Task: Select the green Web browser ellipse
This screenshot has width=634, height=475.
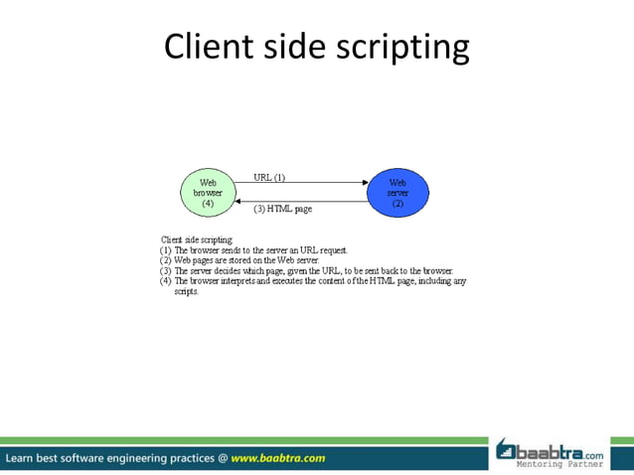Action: (x=209, y=193)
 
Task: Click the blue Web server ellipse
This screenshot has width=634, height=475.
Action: (x=397, y=193)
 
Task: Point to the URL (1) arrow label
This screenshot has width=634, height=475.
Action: (x=269, y=178)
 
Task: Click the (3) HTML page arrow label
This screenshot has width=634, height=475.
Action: (x=282, y=209)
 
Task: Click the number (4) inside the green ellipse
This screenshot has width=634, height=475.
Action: (x=209, y=203)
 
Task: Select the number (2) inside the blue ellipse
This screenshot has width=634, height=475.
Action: (x=397, y=204)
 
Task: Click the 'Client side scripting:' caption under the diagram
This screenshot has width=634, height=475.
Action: (x=197, y=239)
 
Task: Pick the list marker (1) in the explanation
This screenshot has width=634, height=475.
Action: (x=166, y=250)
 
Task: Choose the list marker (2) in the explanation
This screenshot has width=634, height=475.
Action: (x=166, y=260)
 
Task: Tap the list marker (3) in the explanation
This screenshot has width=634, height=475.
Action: (x=166, y=270)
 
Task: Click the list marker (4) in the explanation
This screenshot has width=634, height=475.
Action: (x=166, y=281)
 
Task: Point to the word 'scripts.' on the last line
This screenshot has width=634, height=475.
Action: (x=187, y=292)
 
